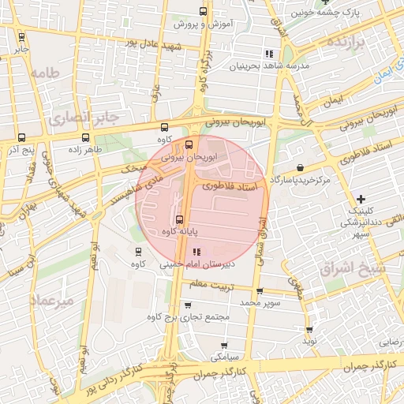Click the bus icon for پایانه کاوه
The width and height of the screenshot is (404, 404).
[178, 220]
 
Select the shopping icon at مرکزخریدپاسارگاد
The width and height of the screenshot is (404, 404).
[301, 167]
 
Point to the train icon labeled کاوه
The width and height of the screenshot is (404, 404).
[139, 252]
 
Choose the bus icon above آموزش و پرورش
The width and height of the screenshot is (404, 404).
[203, 12]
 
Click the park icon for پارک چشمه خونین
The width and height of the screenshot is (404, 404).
[324, 3]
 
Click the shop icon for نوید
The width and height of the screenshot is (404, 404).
[309, 330]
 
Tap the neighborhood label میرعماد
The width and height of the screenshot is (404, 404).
[52, 301]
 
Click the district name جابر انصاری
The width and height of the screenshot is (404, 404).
[84, 118]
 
